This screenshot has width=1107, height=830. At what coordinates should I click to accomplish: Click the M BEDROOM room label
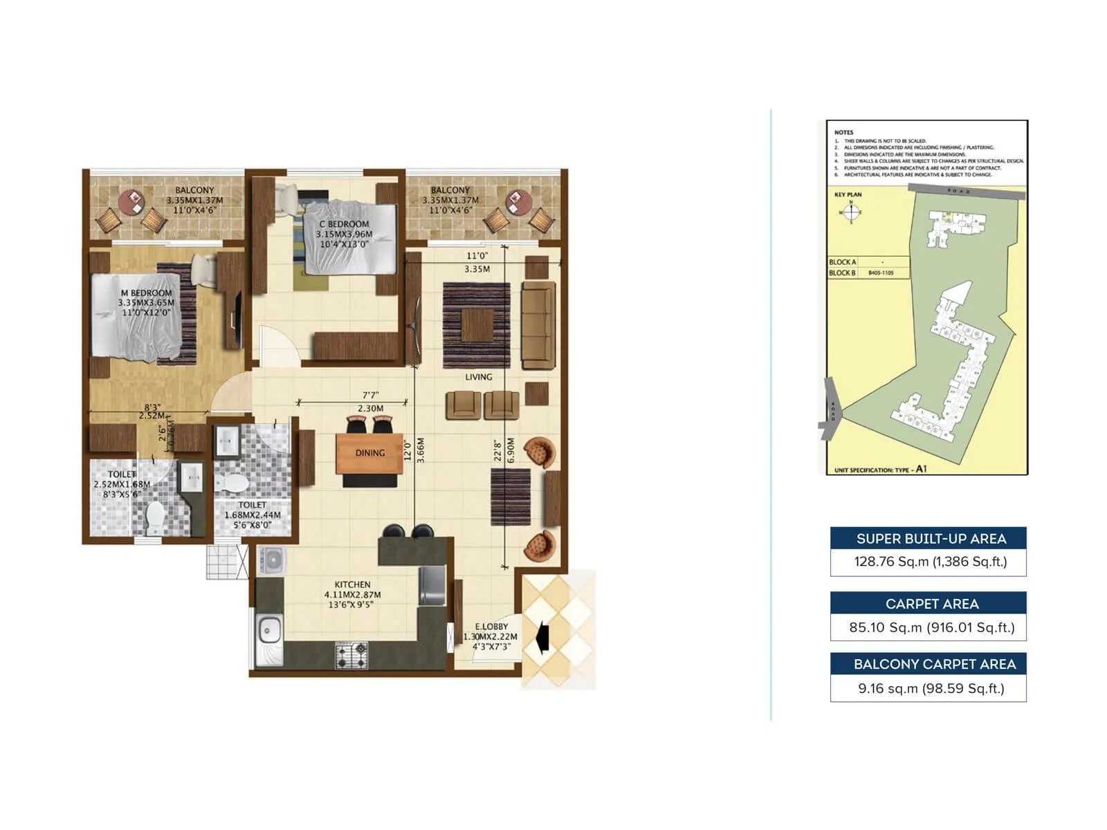coord(146,293)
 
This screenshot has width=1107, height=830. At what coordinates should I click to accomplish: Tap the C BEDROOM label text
coord(344,224)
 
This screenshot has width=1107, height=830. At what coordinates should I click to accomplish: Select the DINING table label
coord(369,453)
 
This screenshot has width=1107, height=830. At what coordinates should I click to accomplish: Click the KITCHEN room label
coord(352,584)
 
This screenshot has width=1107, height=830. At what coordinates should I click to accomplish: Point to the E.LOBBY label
coord(491,627)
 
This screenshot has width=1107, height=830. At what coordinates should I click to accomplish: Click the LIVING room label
coord(478,377)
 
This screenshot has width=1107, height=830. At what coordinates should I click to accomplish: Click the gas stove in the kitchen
coord(351,654)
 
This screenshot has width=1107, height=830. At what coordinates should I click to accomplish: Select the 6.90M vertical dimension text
coord(511,450)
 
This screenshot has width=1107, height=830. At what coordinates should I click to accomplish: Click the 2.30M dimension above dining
coord(370,409)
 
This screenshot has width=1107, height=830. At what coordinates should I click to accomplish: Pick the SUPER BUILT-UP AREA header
coord(931,539)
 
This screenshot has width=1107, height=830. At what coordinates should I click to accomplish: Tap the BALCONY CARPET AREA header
coord(934,664)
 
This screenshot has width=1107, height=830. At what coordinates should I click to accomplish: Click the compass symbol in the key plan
coord(850,212)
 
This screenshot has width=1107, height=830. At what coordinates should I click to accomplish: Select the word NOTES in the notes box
coord(843,132)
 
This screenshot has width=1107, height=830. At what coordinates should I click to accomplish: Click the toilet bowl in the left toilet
coord(155,515)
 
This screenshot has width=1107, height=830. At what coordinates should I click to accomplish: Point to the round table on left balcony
coord(131,203)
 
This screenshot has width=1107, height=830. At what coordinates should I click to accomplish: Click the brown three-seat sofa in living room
coord(538,325)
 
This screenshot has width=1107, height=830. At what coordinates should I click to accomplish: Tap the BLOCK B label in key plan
coord(842,273)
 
